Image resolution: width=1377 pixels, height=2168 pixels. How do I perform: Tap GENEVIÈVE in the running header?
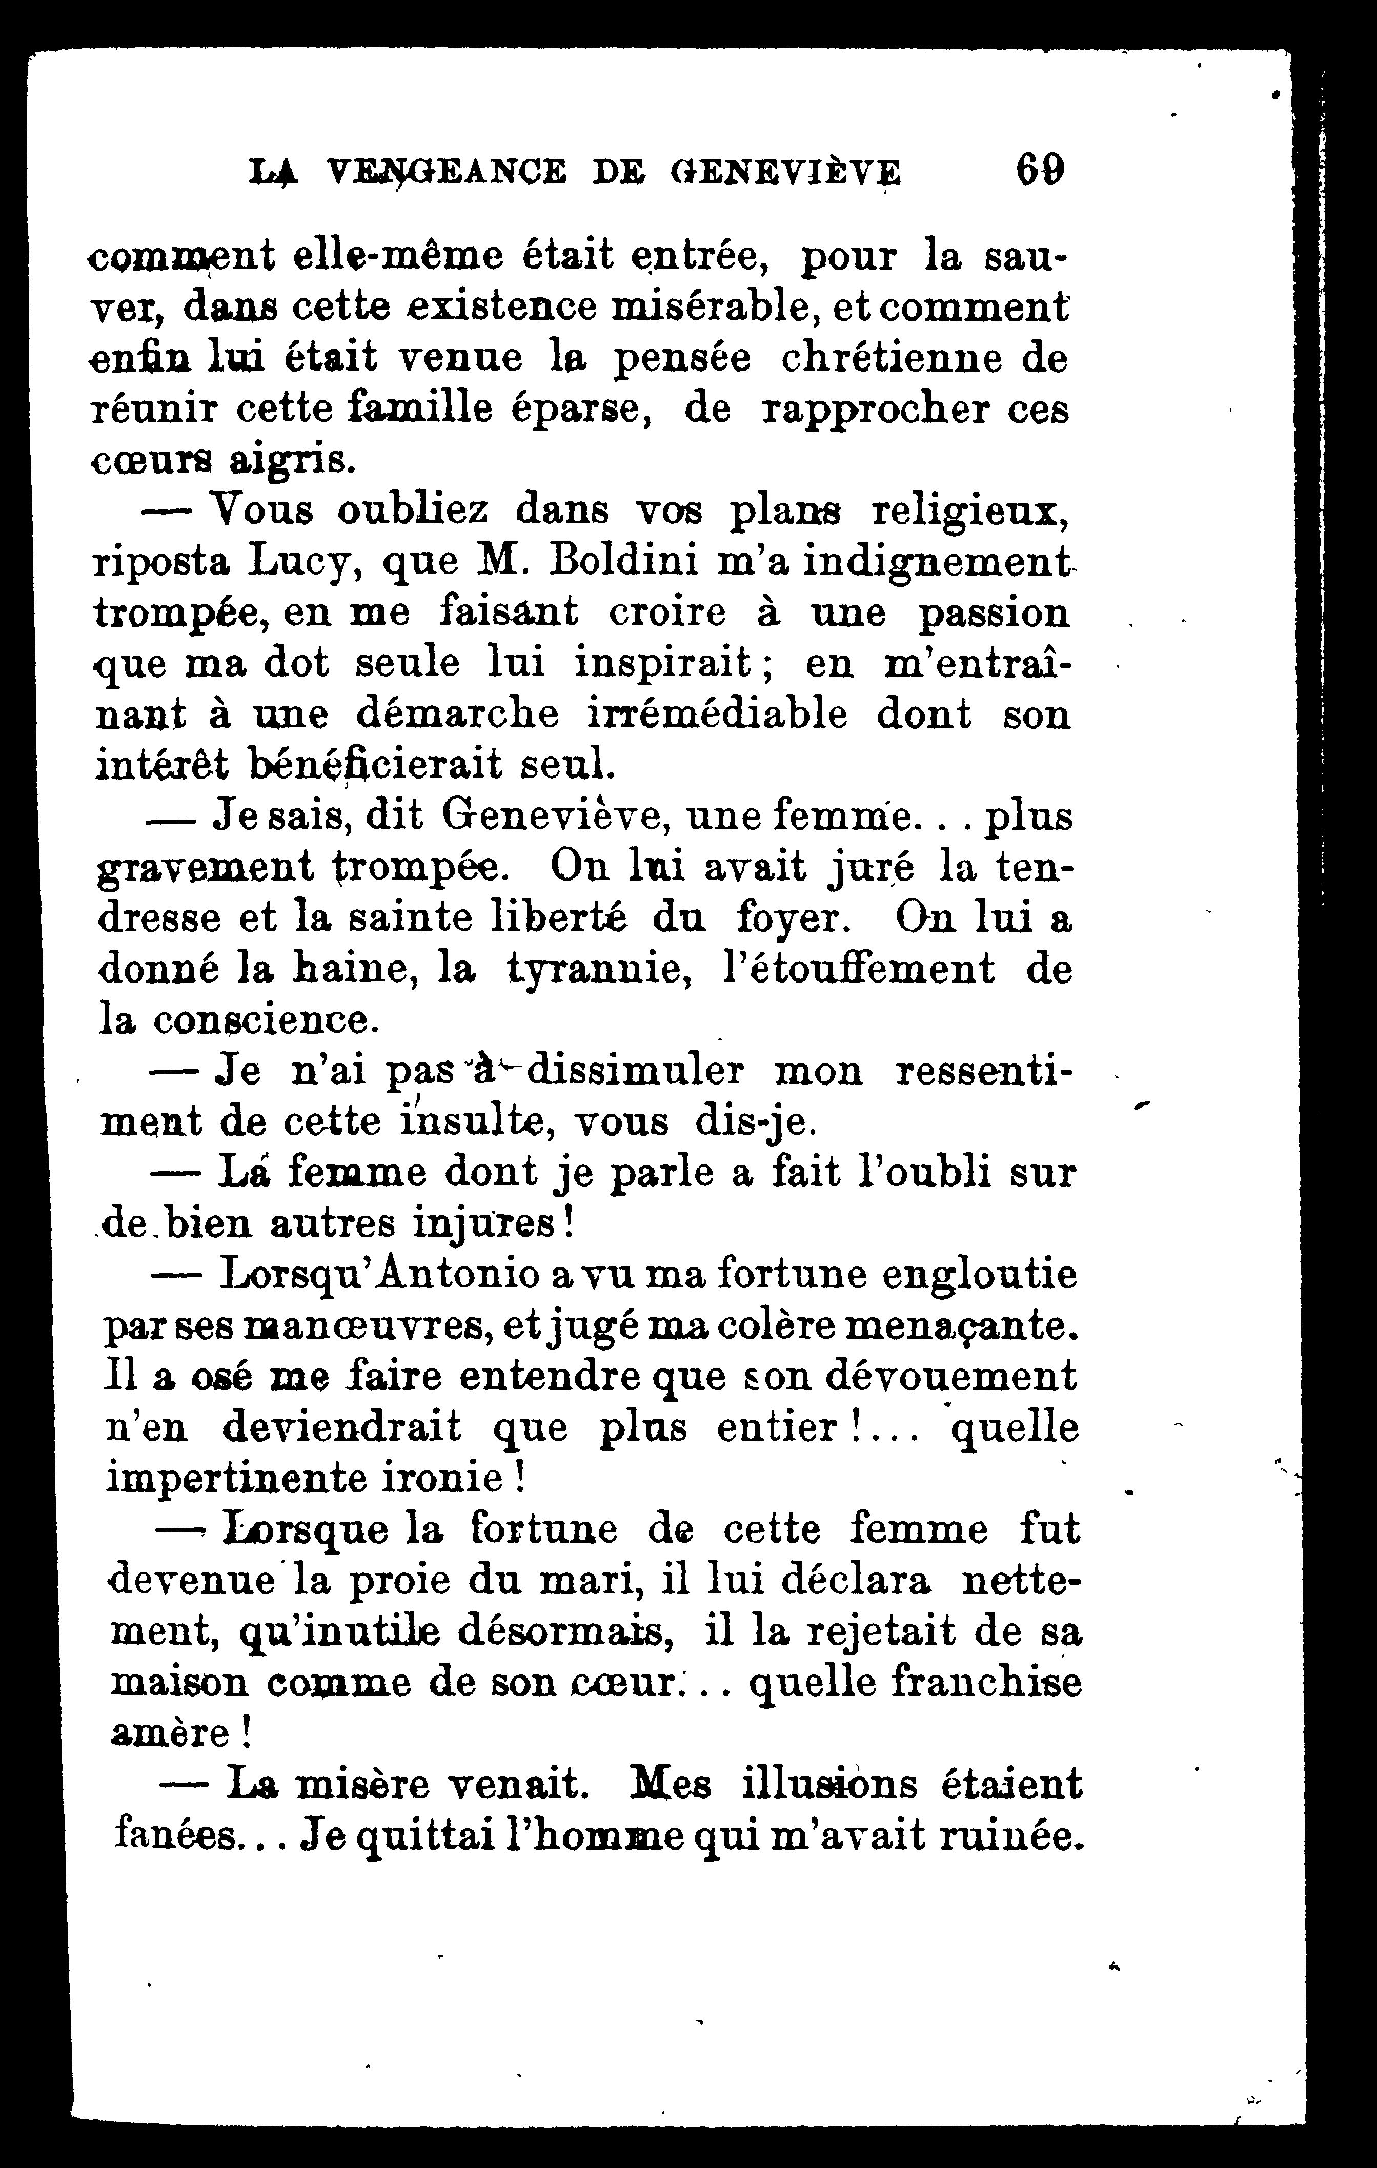[785, 171]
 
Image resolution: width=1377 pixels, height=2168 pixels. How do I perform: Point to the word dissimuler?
[637, 1071]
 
